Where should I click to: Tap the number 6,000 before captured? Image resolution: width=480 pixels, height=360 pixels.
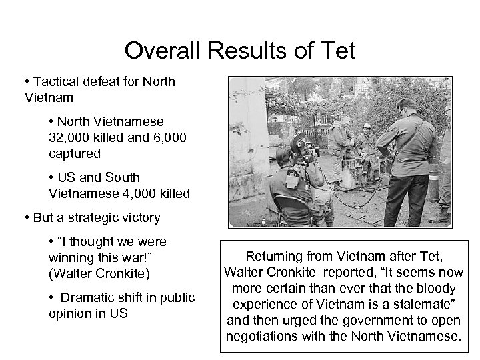point(160,137)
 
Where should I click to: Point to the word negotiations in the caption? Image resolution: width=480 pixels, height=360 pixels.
point(263,335)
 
